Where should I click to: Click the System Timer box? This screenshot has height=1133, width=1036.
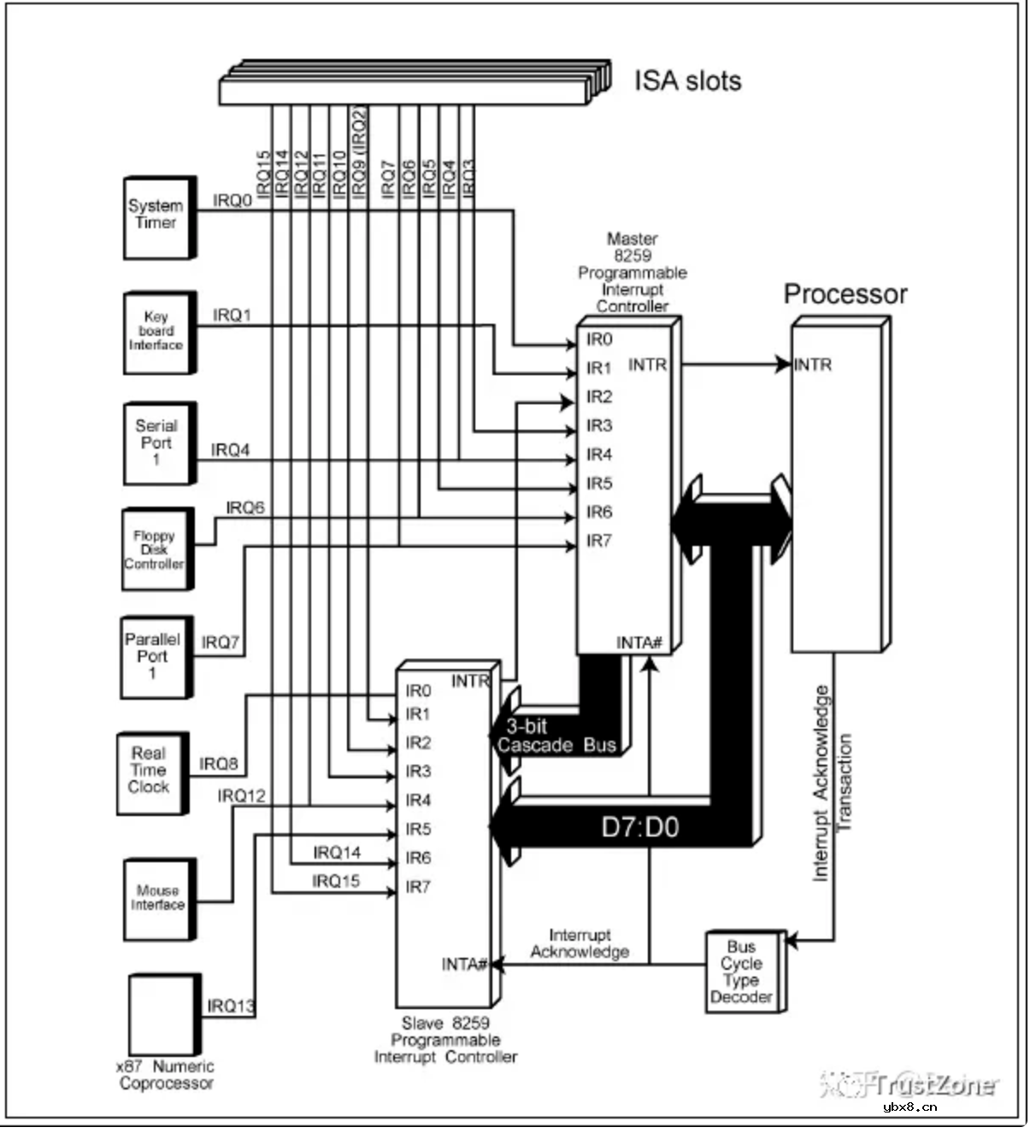158,217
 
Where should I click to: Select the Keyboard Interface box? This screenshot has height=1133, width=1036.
158,332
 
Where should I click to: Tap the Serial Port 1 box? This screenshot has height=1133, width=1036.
158,443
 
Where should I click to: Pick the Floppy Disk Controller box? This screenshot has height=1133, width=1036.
156,549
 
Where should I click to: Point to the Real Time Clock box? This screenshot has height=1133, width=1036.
151,772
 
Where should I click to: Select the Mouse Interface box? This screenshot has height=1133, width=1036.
158,899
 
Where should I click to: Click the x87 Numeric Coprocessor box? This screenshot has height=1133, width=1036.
163,1015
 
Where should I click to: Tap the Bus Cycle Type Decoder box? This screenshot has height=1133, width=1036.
743,972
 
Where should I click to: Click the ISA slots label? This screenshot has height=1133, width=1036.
687,81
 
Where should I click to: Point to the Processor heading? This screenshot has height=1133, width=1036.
845,294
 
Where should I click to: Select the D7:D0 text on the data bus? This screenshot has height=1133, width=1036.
639,827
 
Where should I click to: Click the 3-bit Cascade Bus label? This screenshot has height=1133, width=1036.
556,736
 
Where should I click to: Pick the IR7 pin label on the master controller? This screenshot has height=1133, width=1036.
598,541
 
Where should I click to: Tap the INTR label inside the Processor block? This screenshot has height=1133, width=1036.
813,365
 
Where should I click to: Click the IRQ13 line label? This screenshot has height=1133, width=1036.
231,1006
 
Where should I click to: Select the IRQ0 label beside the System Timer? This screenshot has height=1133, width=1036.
233,201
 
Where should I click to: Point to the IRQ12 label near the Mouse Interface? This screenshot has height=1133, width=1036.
241,796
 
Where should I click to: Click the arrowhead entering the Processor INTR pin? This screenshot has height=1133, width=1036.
783,364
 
